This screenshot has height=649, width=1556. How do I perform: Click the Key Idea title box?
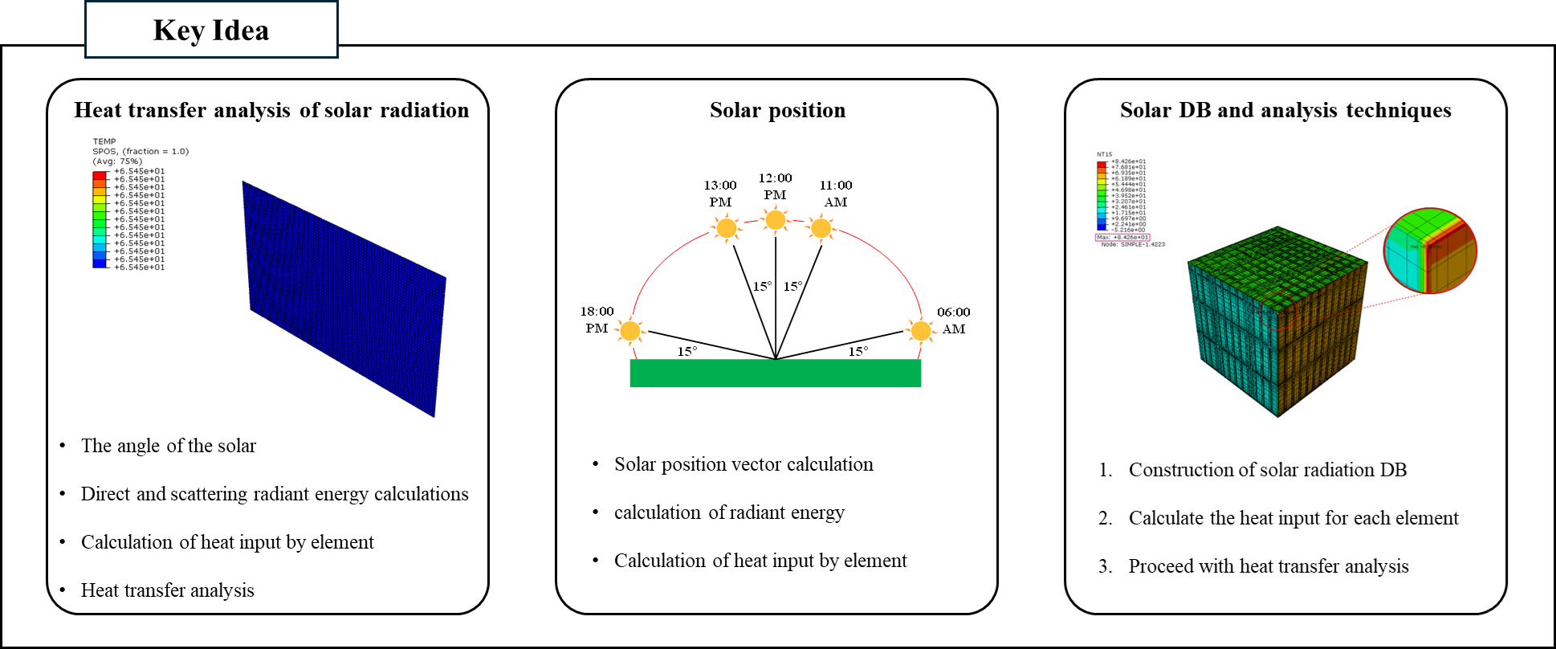click(x=211, y=31)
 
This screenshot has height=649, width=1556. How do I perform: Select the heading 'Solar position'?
click(x=777, y=110)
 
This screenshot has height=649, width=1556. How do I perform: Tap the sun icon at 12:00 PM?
click(x=775, y=219)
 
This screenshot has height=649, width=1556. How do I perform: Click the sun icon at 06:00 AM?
click(x=920, y=330)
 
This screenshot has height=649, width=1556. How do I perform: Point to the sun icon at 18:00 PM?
click(x=630, y=330)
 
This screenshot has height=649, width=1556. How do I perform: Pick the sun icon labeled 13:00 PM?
click(x=727, y=228)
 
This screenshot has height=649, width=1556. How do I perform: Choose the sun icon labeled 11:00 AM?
click(x=821, y=228)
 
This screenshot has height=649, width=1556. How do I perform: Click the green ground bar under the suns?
click(x=775, y=373)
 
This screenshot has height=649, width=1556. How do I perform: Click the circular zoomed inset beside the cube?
click(x=1430, y=251)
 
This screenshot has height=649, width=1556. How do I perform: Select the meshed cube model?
click(x=1277, y=321)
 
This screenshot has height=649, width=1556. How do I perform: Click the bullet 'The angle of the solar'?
click(x=169, y=446)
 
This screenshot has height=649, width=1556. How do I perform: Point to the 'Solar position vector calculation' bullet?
click(x=743, y=464)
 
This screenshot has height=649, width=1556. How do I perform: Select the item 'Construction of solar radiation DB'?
click(x=1267, y=470)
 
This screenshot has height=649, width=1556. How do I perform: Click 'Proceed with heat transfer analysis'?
click(x=1268, y=566)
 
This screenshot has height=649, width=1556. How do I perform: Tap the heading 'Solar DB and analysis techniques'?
click(x=1285, y=110)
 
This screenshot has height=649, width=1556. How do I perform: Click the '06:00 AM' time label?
click(x=954, y=320)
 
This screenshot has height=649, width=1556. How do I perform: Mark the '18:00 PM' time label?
click(x=597, y=320)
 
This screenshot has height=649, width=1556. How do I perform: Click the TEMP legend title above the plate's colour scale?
click(x=104, y=141)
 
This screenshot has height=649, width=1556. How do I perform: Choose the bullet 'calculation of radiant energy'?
click(x=729, y=512)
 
